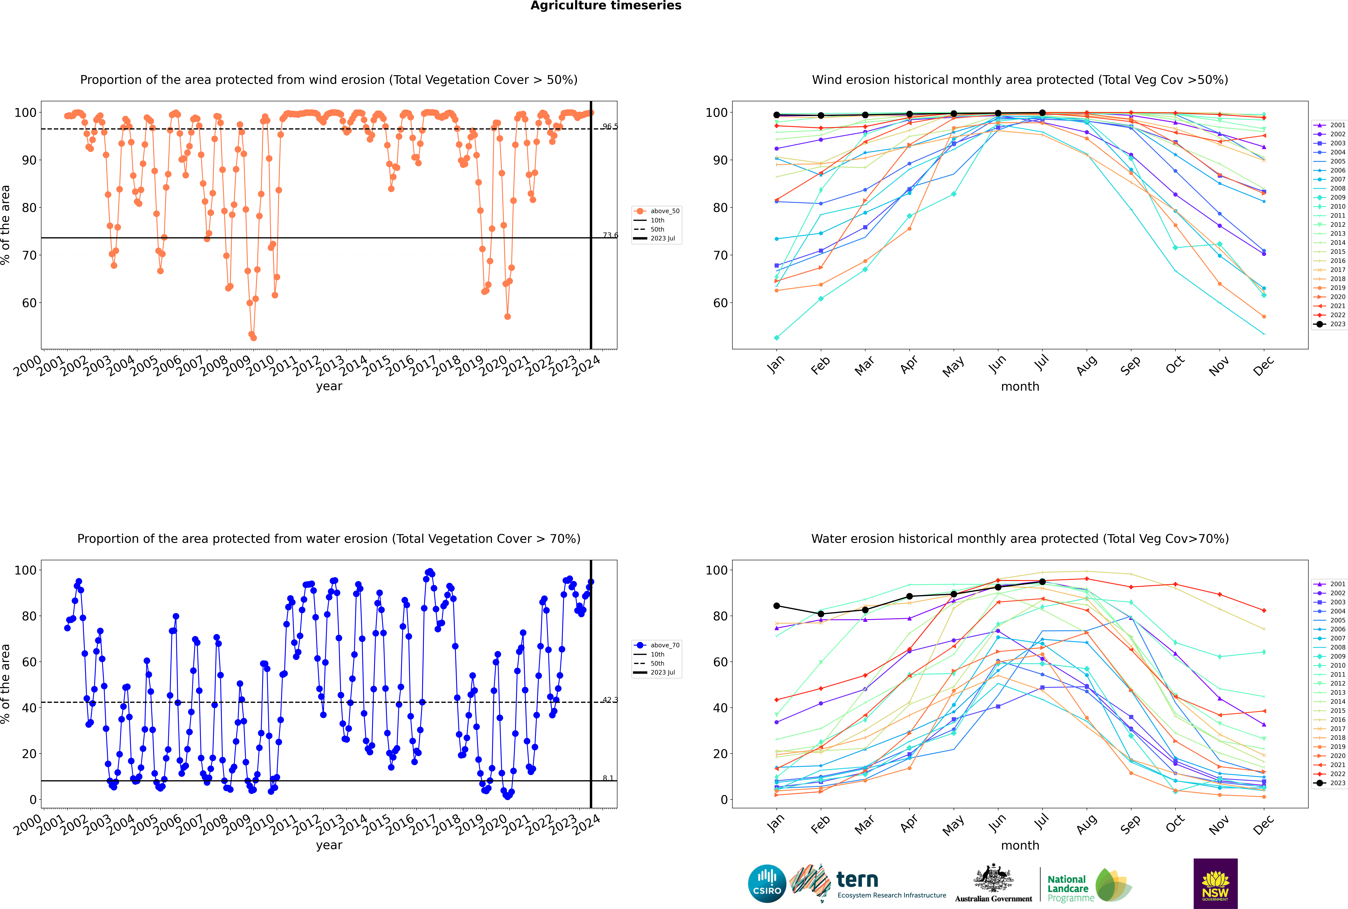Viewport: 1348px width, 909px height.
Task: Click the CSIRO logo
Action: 767,884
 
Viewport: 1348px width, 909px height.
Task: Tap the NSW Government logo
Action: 1215,884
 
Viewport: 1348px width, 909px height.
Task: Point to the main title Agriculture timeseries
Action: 606,6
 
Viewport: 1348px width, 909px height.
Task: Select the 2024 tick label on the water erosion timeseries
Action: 586,824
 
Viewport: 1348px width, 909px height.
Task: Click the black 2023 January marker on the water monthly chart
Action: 777,606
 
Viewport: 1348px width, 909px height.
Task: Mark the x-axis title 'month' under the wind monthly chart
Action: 1020,387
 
